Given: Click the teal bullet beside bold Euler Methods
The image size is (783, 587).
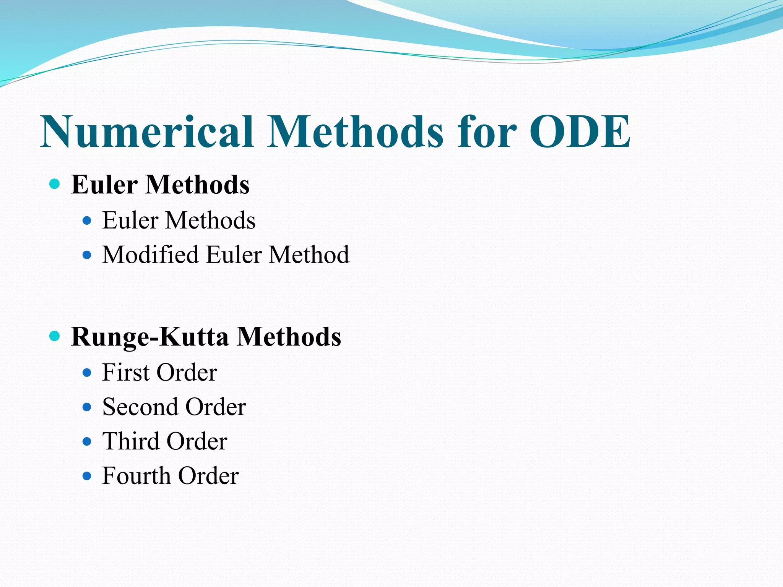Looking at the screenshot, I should (55, 184).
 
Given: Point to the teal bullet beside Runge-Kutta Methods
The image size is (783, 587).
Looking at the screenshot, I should (55, 336).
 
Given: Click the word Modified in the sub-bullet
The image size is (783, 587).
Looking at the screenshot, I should (150, 255).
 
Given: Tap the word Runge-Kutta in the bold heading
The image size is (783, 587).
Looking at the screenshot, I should (150, 337).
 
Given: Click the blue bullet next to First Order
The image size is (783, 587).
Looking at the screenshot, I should (87, 373).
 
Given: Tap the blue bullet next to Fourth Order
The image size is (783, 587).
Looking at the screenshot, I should (87, 476).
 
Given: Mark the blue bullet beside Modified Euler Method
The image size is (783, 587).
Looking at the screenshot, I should (87, 255).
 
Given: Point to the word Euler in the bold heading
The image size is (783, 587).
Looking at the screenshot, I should (104, 185).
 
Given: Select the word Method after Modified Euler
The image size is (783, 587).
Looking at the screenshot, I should (309, 255).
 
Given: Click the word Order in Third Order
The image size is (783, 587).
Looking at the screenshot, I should (197, 441).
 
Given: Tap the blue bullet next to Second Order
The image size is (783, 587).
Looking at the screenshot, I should (87, 407).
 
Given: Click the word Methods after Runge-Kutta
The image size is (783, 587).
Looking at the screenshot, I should (289, 337).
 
